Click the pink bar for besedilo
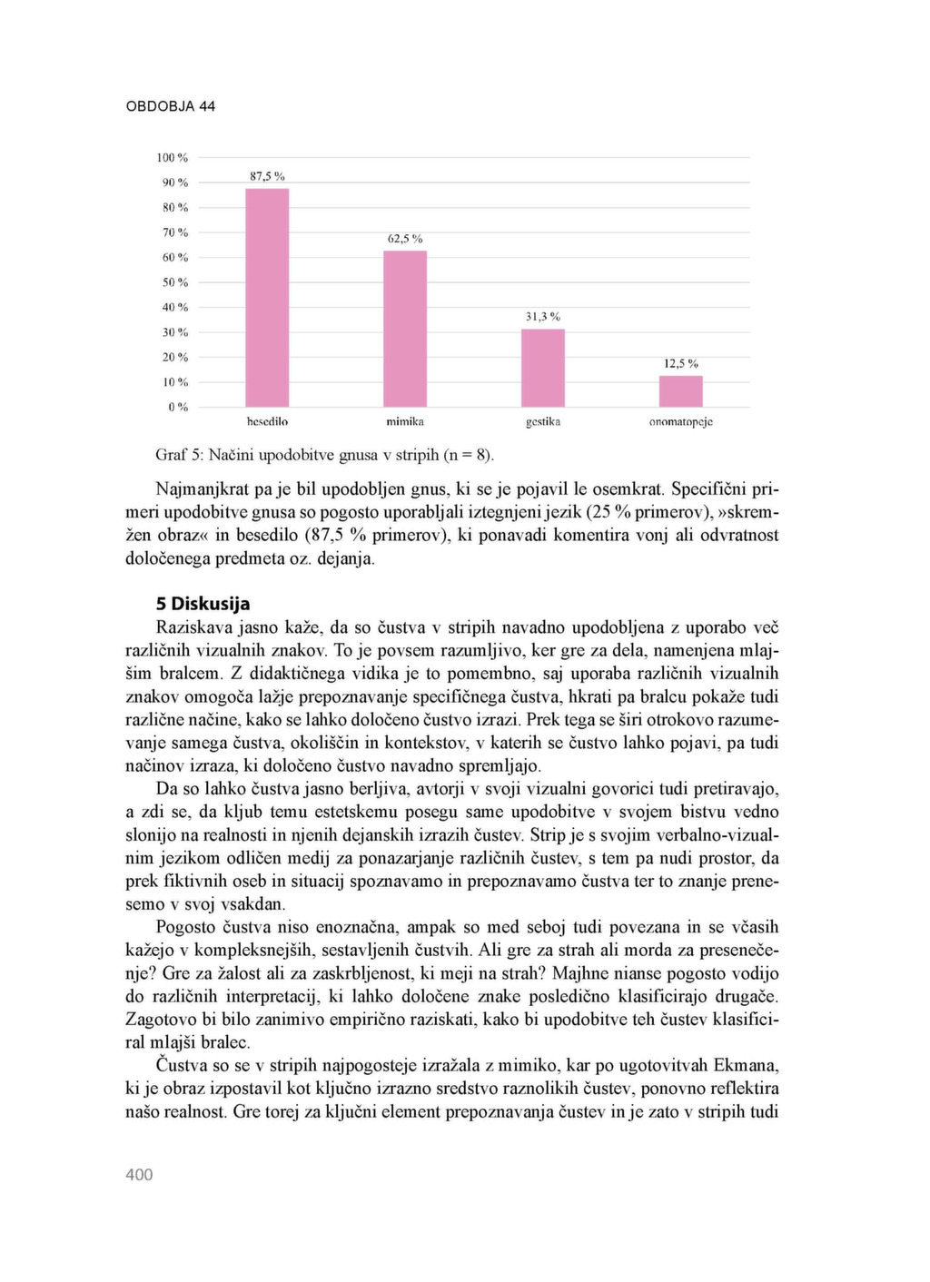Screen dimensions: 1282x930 [x=267, y=298]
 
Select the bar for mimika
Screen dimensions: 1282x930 [x=405, y=329]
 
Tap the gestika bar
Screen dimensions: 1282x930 [x=543, y=368]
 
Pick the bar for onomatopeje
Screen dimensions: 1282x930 [x=680, y=391]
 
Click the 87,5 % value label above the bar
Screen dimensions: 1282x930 [x=267, y=176]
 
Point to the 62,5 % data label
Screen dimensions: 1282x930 [x=405, y=239]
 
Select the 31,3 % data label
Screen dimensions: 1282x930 [x=543, y=317]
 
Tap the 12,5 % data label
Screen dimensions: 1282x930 [x=680, y=364]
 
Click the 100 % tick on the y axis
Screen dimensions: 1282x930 [x=172, y=158]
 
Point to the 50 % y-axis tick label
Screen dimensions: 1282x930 [x=175, y=282]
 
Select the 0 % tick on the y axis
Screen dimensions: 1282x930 [x=178, y=408]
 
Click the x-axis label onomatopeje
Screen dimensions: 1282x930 [x=680, y=422]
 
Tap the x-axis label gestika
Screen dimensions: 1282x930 [x=543, y=422]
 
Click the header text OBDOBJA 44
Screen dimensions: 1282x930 [x=170, y=106]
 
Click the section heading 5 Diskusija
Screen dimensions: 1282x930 [x=203, y=604]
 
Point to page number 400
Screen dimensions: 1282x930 [x=139, y=1175]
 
